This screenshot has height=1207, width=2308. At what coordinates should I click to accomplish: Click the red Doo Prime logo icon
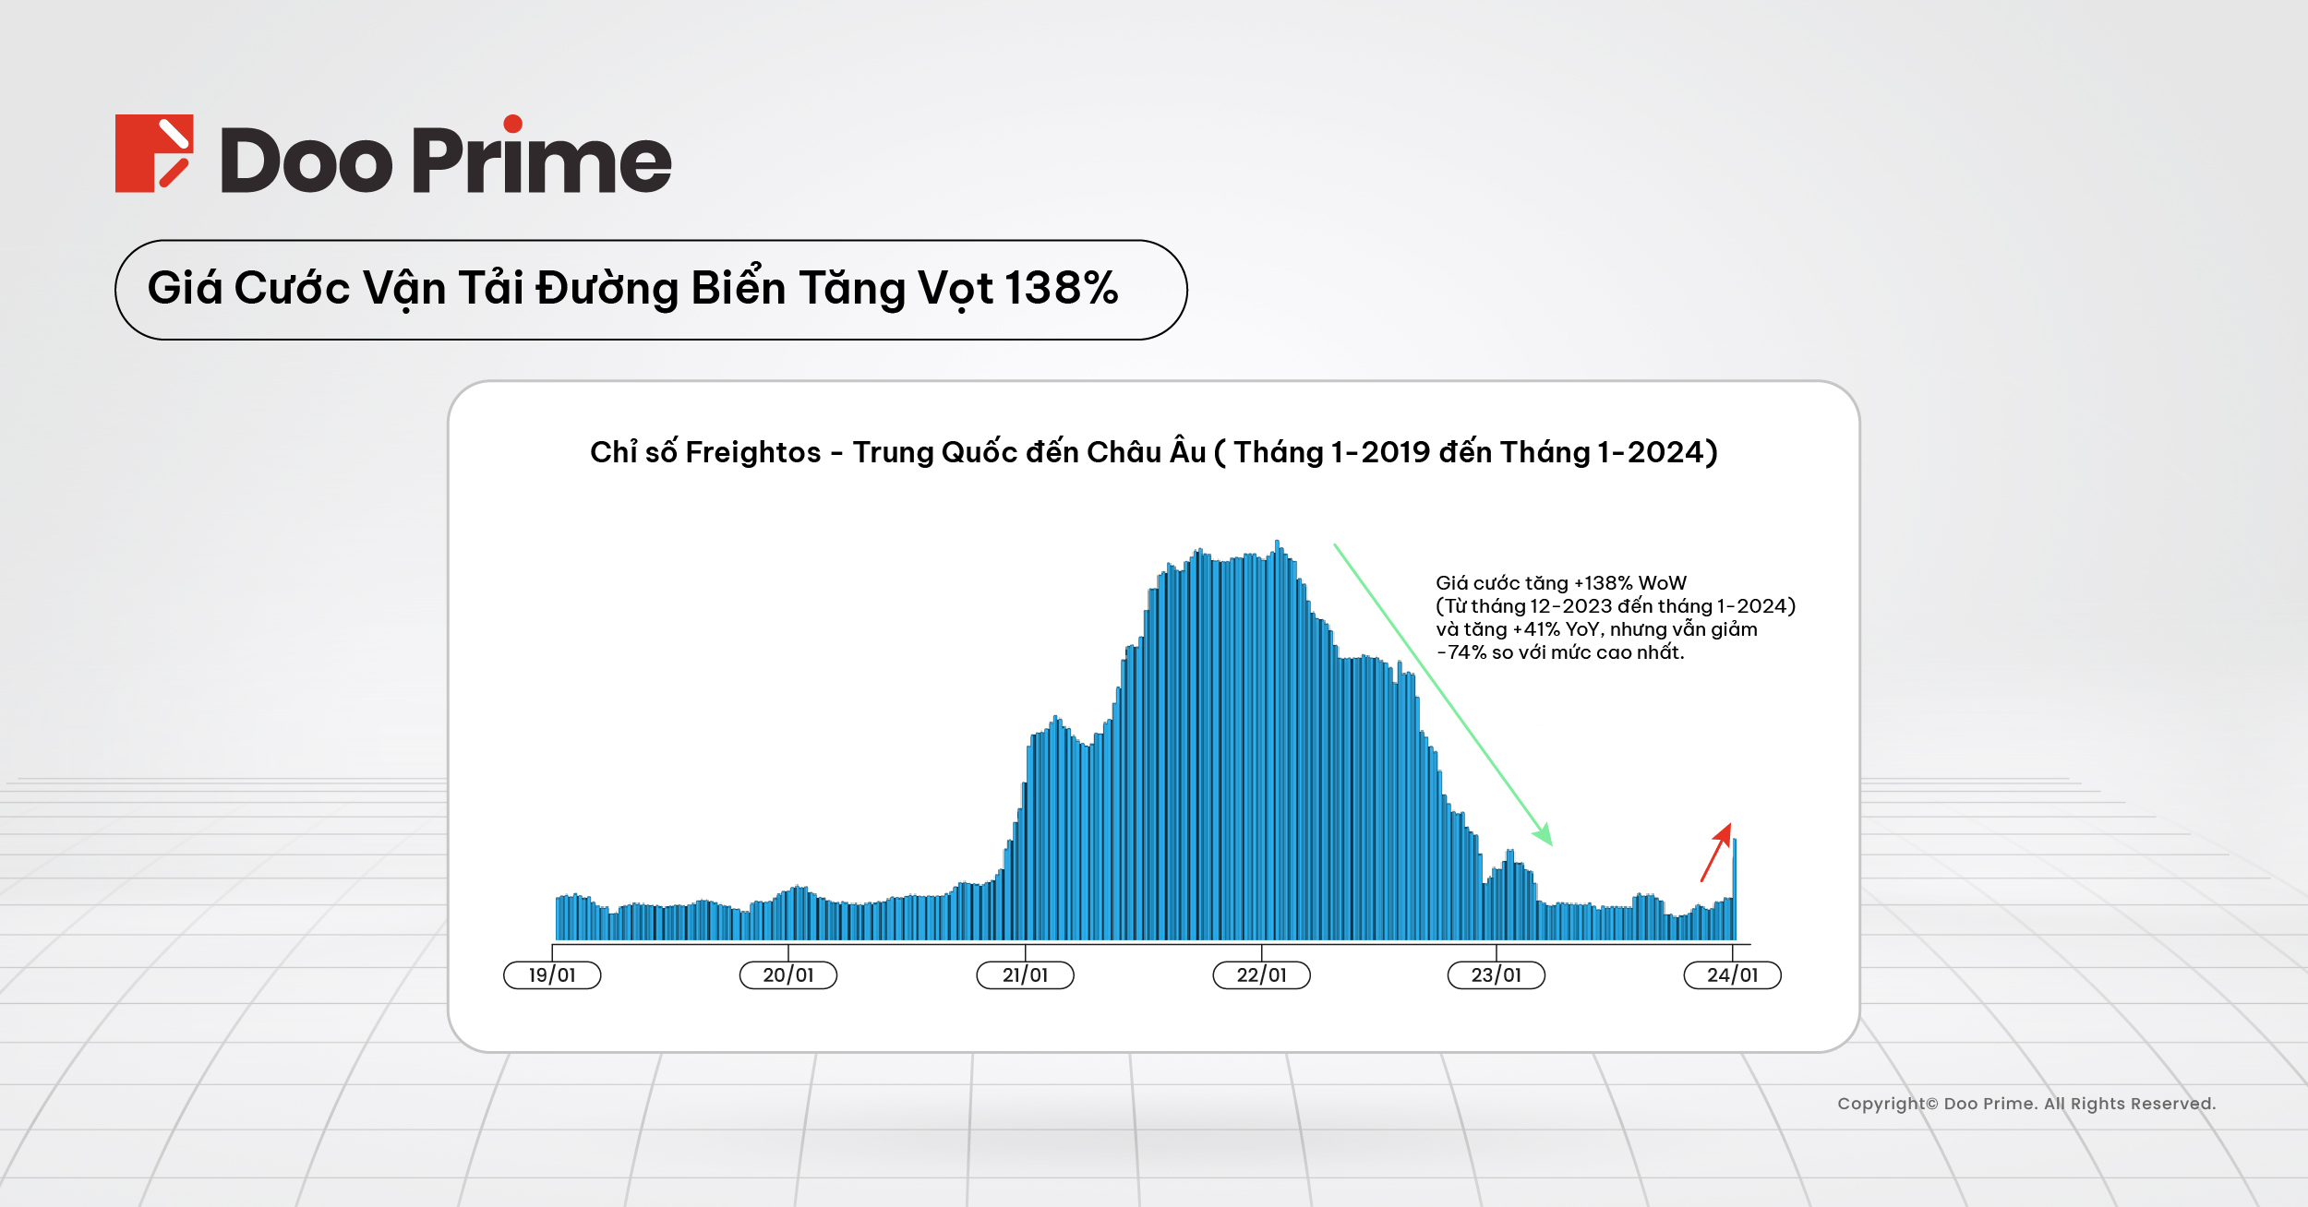click(x=153, y=153)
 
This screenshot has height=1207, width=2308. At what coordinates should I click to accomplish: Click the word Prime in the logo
click(x=541, y=159)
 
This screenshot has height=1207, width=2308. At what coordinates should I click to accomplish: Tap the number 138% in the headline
click(x=1061, y=288)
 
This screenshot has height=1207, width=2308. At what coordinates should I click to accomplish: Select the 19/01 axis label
click(x=552, y=975)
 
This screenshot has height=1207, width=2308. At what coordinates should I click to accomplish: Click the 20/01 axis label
click(x=788, y=975)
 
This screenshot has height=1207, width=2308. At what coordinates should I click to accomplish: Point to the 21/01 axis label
click(x=1025, y=975)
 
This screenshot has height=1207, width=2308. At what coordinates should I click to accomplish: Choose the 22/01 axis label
click(x=1261, y=975)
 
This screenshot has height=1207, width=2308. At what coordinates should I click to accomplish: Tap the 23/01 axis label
click(x=1496, y=975)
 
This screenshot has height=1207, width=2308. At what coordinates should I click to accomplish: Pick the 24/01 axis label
click(x=1732, y=975)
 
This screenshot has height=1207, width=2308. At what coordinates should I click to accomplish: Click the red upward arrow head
click(x=1724, y=832)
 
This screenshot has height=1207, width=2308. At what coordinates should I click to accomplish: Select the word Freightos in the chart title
click(x=752, y=452)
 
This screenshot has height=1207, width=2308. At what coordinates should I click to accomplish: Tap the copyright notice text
click(x=2026, y=1104)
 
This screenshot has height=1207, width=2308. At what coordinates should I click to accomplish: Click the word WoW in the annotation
click(x=1662, y=583)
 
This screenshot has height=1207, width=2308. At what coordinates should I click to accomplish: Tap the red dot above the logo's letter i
click(x=513, y=124)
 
